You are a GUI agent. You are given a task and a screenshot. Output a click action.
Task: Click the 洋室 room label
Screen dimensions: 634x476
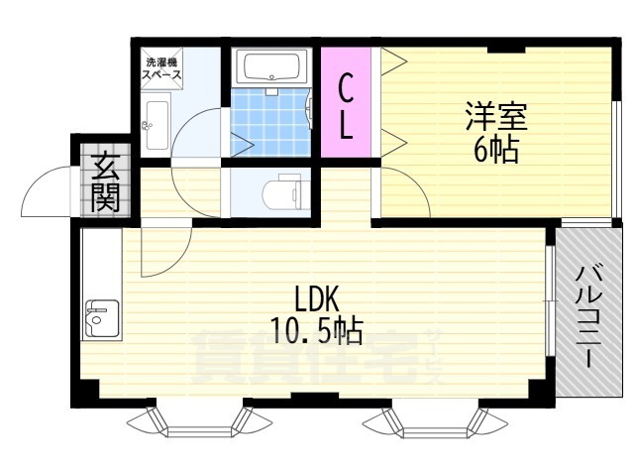(x=496, y=116)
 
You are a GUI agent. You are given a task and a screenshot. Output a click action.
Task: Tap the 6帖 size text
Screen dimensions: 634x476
(x=495, y=151)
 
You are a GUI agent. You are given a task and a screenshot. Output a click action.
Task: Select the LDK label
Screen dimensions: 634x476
(x=316, y=299)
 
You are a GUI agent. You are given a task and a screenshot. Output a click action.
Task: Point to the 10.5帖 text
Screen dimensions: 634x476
(x=316, y=330)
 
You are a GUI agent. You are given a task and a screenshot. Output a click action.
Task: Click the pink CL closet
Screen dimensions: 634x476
(x=346, y=102)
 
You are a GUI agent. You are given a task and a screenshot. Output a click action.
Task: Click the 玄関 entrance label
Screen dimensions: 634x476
(x=105, y=182)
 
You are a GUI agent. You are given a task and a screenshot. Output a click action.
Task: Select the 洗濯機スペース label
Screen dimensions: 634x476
(x=161, y=68)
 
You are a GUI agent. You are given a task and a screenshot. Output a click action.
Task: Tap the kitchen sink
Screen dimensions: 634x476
(x=102, y=319)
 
